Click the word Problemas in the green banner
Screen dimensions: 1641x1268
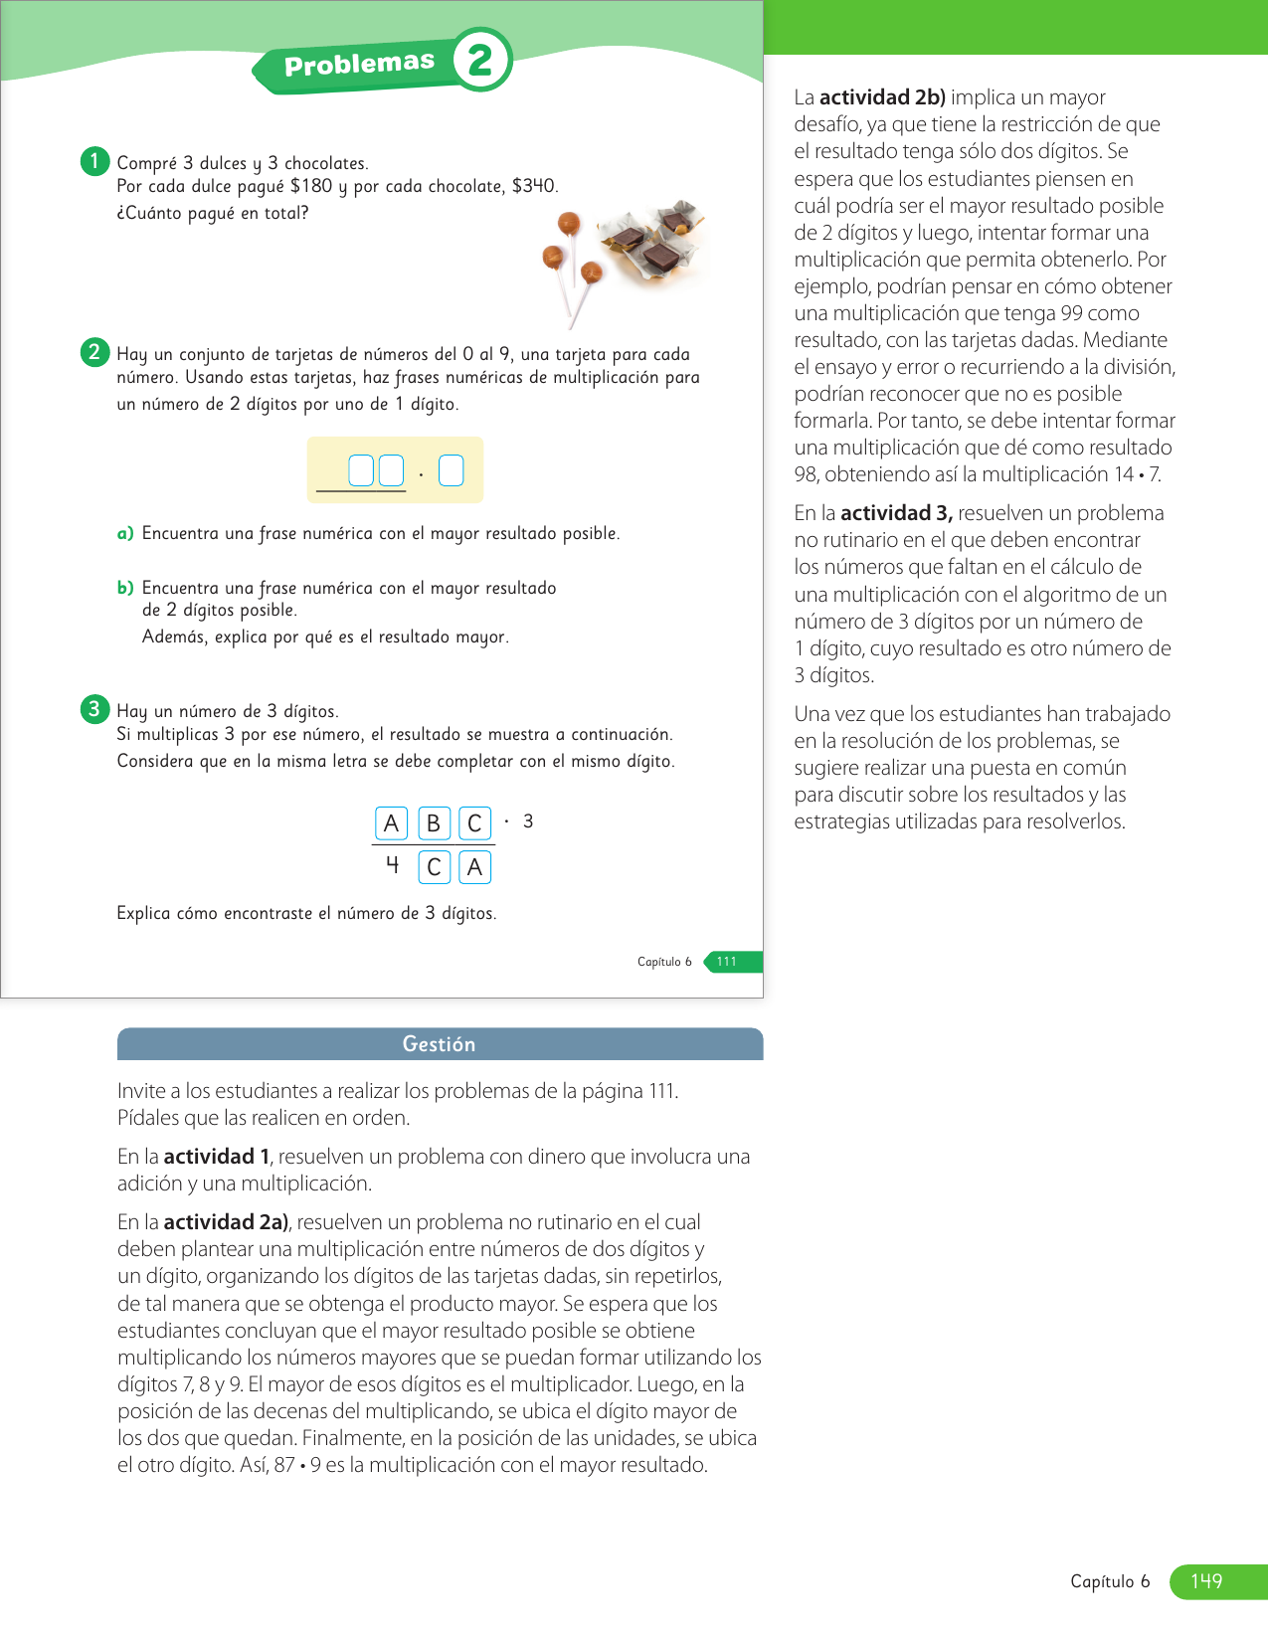point(359,64)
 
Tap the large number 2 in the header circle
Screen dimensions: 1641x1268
point(481,60)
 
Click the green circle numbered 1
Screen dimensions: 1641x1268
point(94,161)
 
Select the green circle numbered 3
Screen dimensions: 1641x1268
point(94,709)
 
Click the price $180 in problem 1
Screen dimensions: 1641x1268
point(311,186)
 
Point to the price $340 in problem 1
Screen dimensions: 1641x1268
point(533,186)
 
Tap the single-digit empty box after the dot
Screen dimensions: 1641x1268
point(452,470)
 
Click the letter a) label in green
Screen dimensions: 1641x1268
point(125,534)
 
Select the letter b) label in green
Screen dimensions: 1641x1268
point(125,588)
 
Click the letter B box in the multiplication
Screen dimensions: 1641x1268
point(433,823)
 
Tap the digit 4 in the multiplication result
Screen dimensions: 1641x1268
point(393,865)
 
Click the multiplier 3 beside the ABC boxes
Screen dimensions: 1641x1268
point(528,821)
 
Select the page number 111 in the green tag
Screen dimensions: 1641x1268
point(728,962)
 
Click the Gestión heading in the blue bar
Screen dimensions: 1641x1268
point(439,1044)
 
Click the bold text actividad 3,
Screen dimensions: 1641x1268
point(896,513)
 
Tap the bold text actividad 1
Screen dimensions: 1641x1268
point(217,1157)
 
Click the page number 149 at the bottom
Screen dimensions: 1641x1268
point(1206,1581)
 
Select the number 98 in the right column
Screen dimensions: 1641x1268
point(807,474)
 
